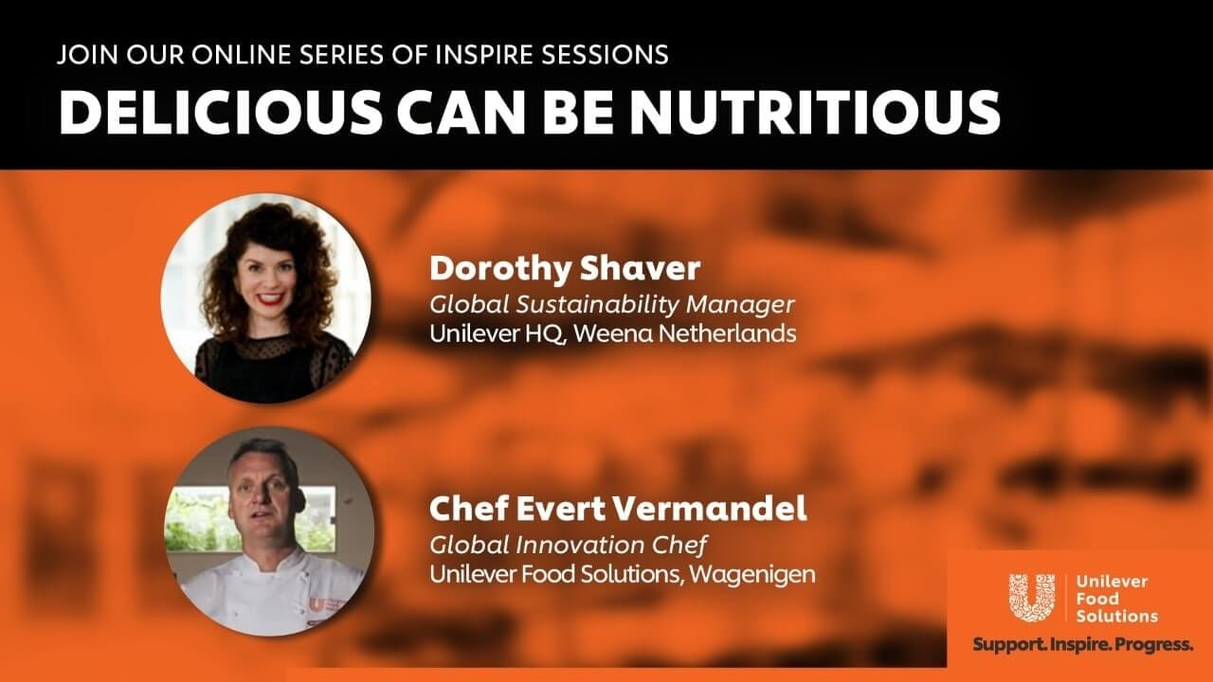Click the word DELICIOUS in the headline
221,112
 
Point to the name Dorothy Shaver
565,268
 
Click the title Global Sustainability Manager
612,304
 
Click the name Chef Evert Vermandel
618,509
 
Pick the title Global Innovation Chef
568,545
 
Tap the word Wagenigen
752,575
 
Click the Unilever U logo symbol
1032,598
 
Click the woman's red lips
271,298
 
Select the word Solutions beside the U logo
1116,616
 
